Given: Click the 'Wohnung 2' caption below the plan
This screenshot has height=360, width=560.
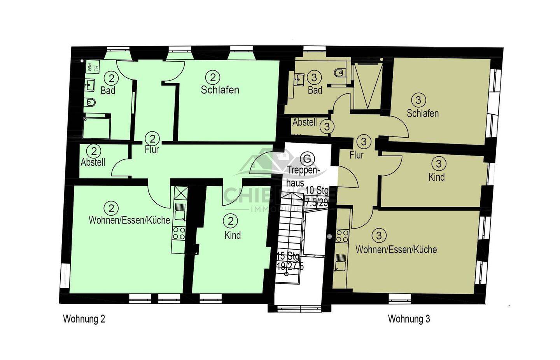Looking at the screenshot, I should coord(84,319).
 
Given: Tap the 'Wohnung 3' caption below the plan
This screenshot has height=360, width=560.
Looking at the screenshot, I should coord(409,319).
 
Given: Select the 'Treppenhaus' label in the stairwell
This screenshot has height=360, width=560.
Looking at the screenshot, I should coord(303,176).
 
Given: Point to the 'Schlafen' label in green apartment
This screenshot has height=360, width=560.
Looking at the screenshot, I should coord(220,90).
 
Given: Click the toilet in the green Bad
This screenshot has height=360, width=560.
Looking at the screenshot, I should coord(90,102).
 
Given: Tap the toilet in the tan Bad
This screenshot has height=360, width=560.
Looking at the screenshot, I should coord(339,72).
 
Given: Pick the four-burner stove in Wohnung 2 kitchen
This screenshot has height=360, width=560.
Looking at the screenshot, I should coord(179,233).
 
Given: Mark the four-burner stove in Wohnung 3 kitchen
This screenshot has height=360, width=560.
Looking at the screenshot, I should coord(342,236).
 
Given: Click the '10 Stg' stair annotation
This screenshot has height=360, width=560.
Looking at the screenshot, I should coord(317,190).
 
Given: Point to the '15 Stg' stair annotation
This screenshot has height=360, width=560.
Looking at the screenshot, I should coord(288,257).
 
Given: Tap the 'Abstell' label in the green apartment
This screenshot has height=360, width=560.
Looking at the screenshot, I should coord(93,162).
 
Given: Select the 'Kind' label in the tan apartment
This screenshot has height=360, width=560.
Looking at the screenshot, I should coord(436,177).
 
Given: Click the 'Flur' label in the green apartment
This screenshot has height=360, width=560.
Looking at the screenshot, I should coord(152,149).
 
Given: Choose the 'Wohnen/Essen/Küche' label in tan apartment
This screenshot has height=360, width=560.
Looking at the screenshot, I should coord(396,249).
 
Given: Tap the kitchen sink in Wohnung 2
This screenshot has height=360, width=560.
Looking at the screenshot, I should coord(180,214).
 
